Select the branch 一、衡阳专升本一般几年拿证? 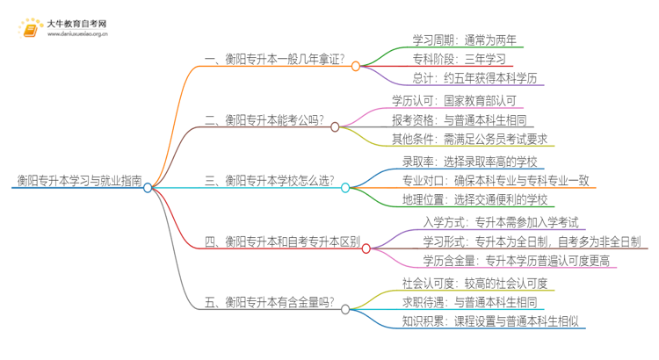pyautogui.click(x=274, y=59)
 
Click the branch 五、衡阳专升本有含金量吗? pyautogui.click(x=269, y=301)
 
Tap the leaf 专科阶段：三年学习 pyautogui.click(x=459, y=59)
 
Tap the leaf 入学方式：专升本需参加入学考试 pyautogui.click(x=498, y=221)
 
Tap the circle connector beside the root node pyautogui.click(x=148, y=187)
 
